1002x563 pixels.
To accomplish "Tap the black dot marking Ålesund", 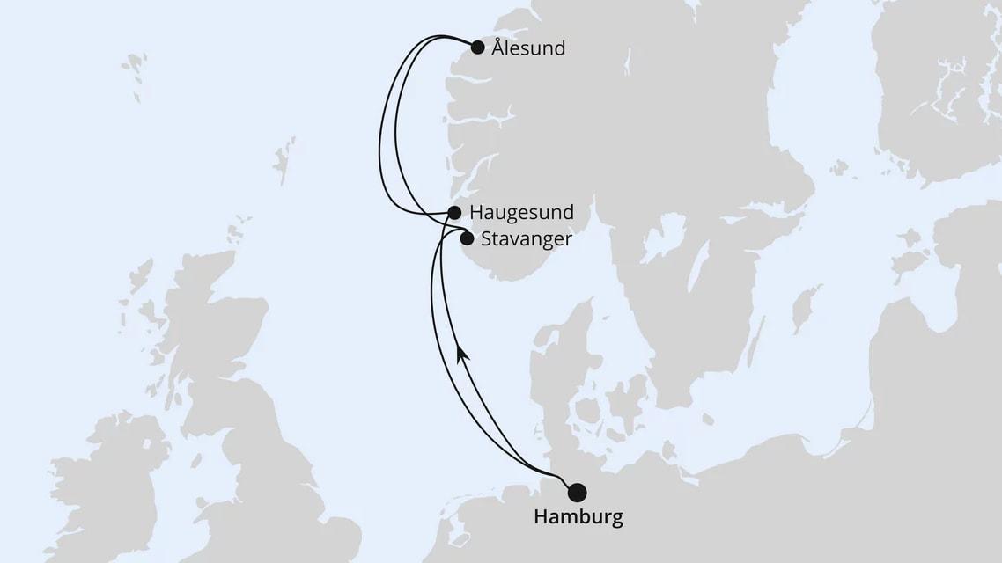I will (x=477, y=48).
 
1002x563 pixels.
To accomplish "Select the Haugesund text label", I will (x=521, y=213).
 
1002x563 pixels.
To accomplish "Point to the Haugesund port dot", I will (x=454, y=212).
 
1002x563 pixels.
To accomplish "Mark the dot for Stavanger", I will (x=467, y=237).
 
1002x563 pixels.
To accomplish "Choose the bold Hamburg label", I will (x=578, y=516).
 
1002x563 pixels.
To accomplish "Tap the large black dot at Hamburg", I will (x=577, y=492).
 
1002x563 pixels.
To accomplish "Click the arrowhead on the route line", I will (x=460, y=354).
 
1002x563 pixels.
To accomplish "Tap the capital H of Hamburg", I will (x=541, y=516).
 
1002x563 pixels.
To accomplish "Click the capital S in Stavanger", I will (x=488, y=238).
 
